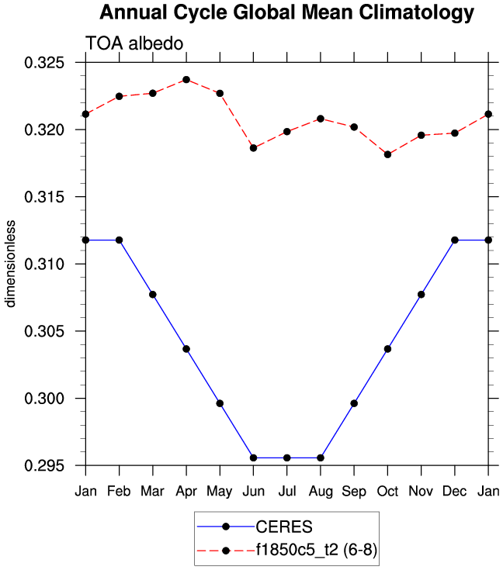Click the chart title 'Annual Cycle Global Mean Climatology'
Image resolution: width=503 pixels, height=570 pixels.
coord(286,13)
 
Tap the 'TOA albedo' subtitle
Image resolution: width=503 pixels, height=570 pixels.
coord(134,44)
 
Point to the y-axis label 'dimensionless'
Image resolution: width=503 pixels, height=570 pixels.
coord(11,264)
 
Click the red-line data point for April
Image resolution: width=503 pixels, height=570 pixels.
coord(186,80)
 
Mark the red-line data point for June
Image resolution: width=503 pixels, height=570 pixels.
coord(253,148)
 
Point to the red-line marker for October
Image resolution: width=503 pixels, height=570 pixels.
coord(387,154)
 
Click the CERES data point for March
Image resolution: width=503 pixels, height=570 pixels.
coord(153,295)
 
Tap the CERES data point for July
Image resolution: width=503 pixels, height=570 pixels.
coord(287,458)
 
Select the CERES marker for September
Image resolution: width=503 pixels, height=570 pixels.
coord(354,403)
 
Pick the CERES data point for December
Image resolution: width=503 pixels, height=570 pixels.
coord(455,240)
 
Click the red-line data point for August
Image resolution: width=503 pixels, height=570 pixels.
coord(321,119)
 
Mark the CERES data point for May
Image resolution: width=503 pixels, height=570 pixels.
coord(220,403)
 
